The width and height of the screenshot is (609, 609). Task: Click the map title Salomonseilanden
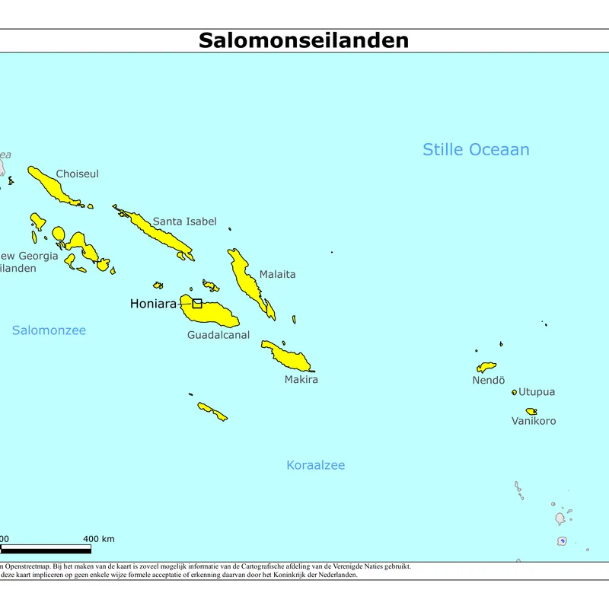[x=304, y=40]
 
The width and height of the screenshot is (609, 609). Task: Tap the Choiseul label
[x=77, y=174]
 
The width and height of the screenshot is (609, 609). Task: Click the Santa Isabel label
[x=184, y=222]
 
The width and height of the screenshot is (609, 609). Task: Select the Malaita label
[x=277, y=274]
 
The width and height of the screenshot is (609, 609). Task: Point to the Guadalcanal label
[x=218, y=335]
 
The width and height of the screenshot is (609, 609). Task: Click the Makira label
[x=301, y=379]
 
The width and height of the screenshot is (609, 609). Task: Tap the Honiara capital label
[x=153, y=304]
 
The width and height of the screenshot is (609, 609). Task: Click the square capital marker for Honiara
[x=197, y=303]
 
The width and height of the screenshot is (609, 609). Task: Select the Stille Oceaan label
[x=476, y=150]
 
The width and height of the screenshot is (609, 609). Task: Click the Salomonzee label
[x=49, y=330]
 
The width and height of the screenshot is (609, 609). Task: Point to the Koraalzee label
[x=315, y=465]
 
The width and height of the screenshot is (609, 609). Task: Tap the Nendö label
[x=489, y=381]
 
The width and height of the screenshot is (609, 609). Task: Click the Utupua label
[x=537, y=392]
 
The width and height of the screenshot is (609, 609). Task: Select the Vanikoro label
[x=534, y=421]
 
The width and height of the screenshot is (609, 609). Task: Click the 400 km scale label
[x=99, y=539]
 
